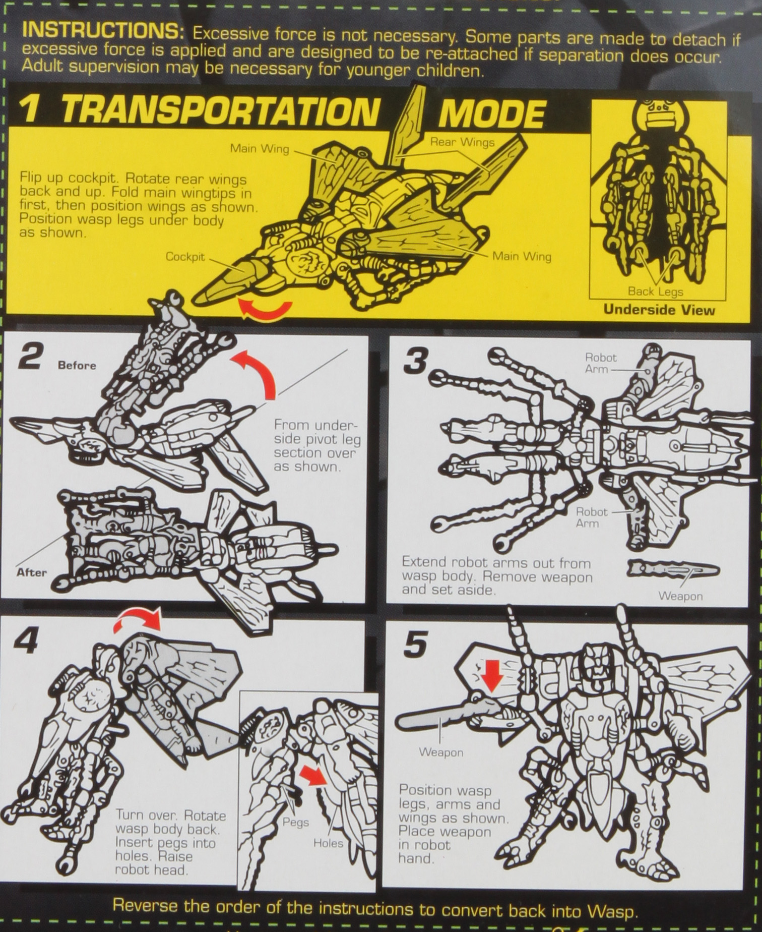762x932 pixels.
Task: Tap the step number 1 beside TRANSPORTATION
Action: [30, 109]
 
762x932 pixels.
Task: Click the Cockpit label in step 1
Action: [185, 257]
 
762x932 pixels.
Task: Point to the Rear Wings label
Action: [462, 142]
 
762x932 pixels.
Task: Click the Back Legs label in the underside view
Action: [655, 292]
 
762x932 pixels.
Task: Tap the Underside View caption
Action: [659, 310]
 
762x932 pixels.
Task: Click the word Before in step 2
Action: [77, 365]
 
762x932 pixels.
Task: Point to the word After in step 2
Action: [31, 572]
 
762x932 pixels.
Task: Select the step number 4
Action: [26, 640]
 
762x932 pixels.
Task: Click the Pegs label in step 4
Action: [295, 822]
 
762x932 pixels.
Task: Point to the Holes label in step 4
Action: [328, 843]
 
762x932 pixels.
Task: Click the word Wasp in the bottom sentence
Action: [611, 912]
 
